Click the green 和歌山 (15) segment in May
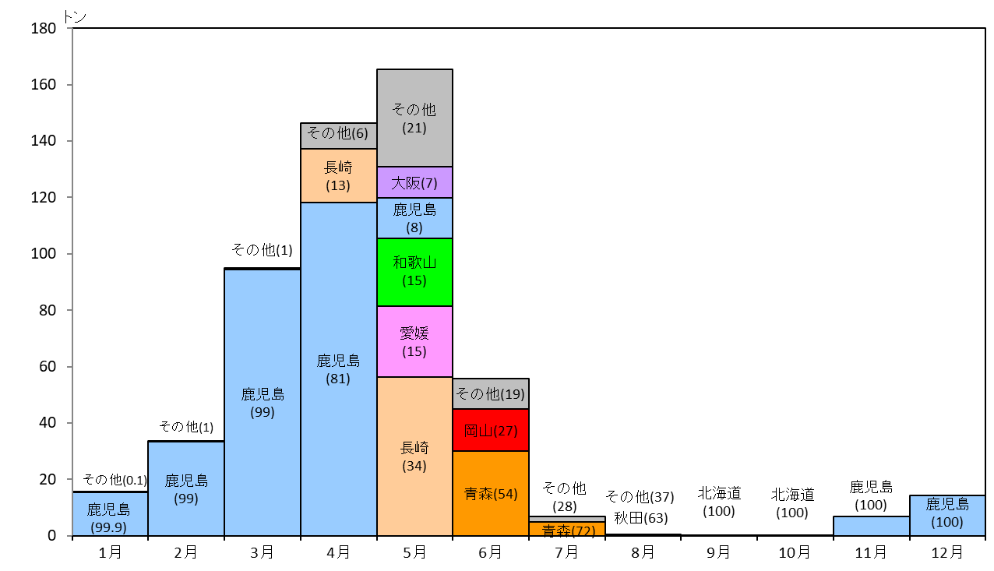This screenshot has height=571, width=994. click(414, 272)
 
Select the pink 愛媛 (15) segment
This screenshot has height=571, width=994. click(414, 342)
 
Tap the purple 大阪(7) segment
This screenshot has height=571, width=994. click(414, 182)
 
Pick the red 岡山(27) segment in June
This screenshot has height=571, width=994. click(491, 430)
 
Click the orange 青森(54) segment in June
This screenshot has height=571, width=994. click(491, 493)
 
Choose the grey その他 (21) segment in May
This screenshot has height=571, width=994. click(414, 118)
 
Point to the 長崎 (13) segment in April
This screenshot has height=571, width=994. click(338, 176)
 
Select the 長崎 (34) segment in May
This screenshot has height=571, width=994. click(414, 456)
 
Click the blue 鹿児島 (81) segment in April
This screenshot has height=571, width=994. click(338, 369)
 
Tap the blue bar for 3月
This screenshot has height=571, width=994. click(263, 403)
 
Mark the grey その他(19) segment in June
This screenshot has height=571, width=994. click(491, 393)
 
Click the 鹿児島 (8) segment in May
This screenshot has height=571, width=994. click(414, 218)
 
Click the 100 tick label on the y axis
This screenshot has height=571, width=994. click(44, 254)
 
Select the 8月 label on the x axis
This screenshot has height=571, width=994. click(643, 552)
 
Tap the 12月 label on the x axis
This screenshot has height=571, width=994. click(947, 552)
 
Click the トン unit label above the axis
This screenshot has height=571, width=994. click(75, 17)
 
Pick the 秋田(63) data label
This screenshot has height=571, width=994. click(641, 518)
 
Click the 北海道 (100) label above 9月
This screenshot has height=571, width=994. click(719, 502)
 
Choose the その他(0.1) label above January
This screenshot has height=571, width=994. click(115, 480)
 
